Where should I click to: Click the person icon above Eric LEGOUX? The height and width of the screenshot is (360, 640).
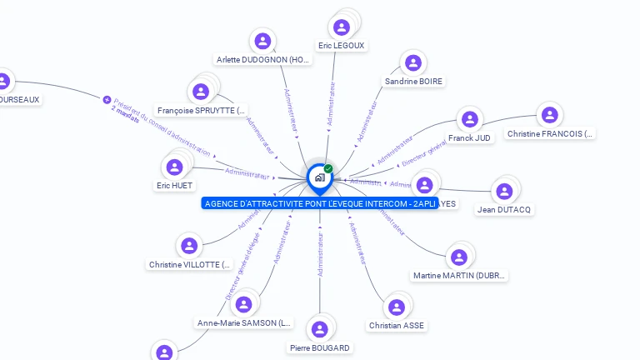(341, 27)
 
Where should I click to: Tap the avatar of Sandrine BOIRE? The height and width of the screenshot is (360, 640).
(412, 62)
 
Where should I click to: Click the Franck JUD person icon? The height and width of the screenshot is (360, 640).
(470, 119)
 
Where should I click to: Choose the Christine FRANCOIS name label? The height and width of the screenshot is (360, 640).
(550, 133)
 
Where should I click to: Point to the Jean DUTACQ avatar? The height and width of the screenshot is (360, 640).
(504, 191)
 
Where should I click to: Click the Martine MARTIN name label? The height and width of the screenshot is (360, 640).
(459, 275)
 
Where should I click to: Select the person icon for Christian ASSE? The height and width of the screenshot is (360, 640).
(397, 307)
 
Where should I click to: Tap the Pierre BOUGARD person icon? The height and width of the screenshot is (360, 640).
(319, 328)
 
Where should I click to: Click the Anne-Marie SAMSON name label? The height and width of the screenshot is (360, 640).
(244, 322)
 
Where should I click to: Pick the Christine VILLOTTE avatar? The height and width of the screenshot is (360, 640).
(189, 246)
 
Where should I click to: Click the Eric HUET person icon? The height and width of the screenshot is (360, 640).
(174, 167)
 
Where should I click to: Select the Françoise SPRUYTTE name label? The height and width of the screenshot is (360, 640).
(202, 110)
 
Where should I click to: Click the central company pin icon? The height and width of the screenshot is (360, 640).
(319, 177)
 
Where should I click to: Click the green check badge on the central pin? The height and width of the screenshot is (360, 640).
(328, 168)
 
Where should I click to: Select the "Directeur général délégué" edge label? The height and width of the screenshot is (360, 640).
(242, 266)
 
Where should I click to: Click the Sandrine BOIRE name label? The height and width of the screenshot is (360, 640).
(413, 82)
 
